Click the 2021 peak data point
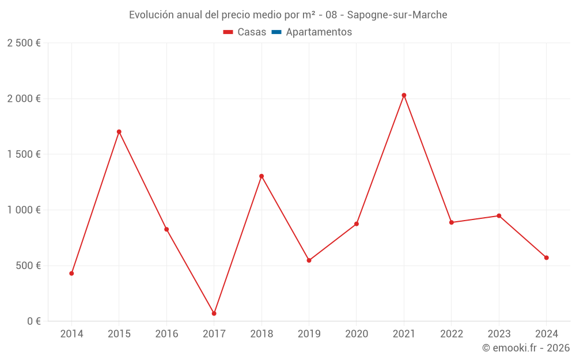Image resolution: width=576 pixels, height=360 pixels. click(404, 95)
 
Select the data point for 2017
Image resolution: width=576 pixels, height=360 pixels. click(214, 313)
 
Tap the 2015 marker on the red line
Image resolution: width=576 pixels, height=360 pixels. click(119, 132)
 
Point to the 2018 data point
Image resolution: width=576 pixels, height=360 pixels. click(262, 176)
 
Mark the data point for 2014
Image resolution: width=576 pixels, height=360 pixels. click(71, 273)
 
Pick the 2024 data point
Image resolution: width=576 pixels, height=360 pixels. click(546, 257)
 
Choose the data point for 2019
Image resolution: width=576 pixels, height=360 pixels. click(309, 260)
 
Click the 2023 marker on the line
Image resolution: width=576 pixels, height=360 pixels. click(499, 216)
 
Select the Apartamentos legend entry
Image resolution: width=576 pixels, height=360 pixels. click(319, 32)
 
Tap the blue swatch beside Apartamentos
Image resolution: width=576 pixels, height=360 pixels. click(276, 32)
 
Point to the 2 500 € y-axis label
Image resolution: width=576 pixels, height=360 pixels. click(24, 43)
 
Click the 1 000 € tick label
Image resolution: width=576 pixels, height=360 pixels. click(24, 210)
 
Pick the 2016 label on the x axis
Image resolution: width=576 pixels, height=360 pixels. click(166, 334)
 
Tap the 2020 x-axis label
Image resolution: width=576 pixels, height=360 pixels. click(357, 334)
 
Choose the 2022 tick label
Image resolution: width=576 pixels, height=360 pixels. click(452, 334)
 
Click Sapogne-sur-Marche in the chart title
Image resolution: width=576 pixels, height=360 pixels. click(397, 15)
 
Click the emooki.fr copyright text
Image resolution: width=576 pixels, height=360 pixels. click(526, 348)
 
